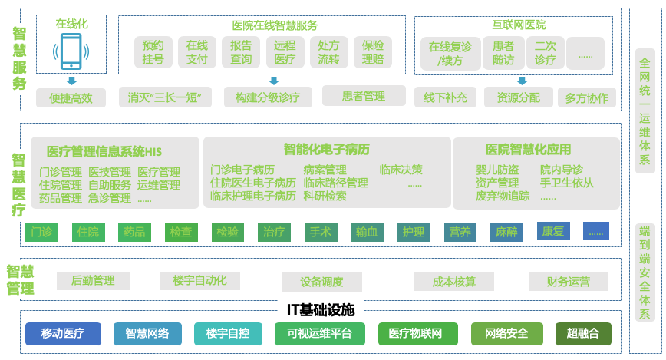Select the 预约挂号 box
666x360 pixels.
(153, 52)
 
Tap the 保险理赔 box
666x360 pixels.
(373, 52)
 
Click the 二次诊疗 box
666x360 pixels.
(546, 53)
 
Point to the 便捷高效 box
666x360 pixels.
(71, 97)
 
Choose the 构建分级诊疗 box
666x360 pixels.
(273, 97)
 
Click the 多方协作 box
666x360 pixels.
(586, 97)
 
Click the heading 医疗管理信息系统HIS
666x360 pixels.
(104, 150)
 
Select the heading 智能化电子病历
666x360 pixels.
(327, 148)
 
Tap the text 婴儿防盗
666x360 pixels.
(497, 170)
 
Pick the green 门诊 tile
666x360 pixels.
(41, 231)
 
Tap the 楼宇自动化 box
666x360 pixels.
(199, 281)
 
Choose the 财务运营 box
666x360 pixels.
(569, 282)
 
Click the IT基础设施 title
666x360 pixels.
(321, 310)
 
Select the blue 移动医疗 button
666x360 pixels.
(63, 333)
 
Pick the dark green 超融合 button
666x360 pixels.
(583, 333)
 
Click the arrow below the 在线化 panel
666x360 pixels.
(71, 81)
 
